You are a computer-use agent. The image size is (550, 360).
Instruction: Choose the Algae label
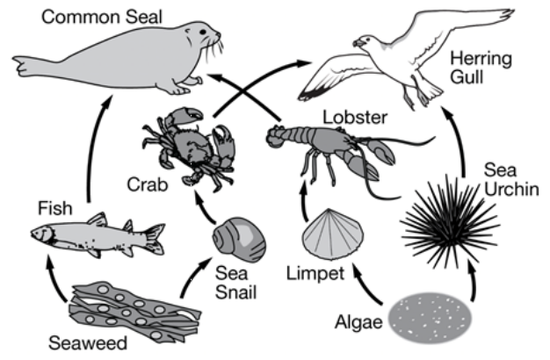(x=358, y=322)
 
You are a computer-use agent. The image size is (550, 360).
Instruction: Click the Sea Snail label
(x=236, y=282)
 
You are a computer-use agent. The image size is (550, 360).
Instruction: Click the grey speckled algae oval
(x=431, y=318)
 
